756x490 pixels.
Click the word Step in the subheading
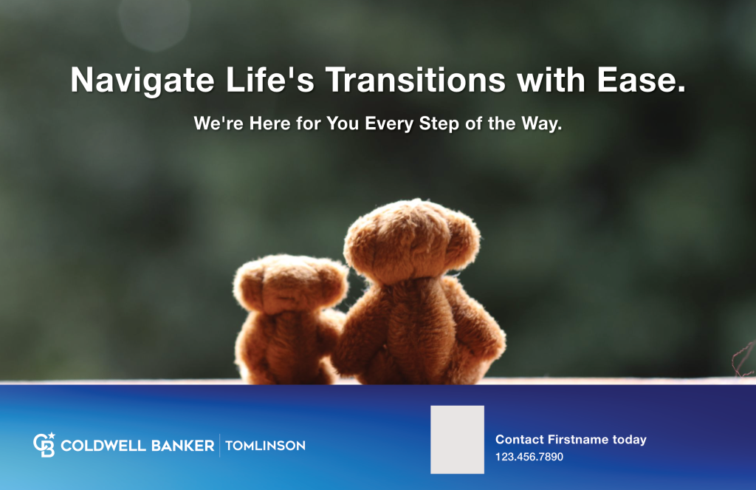pos(440,123)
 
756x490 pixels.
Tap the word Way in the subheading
pos(541,123)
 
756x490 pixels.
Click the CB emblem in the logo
pos(44,445)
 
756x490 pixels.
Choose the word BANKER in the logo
pos(181,446)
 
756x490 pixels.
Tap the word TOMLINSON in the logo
pos(265,446)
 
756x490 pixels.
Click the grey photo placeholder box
pos(457,439)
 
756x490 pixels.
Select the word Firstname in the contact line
pos(577,440)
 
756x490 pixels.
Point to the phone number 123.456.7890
pos(529,457)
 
